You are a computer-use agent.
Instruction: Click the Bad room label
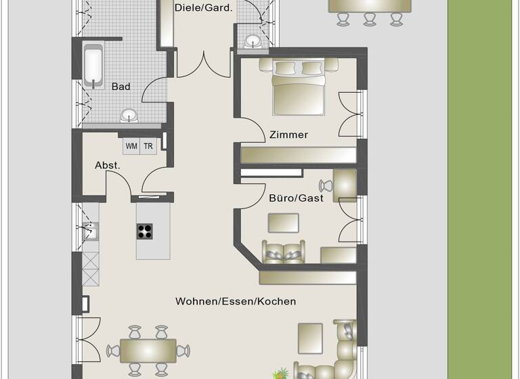click(x=121, y=87)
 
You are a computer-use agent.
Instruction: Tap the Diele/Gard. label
click(x=203, y=8)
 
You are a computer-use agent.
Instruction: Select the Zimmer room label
click(x=288, y=135)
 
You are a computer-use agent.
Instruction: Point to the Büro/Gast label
click(x=297, y=198)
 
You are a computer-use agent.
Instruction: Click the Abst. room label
click(x=108, y=165)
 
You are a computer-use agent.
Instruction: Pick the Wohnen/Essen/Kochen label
click(x=236, y=301)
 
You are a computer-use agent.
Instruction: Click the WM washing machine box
click(x=131, y=146)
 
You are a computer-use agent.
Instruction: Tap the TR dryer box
click(x=148, y=146)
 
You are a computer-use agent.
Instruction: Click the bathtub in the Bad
click(x=93, y=66)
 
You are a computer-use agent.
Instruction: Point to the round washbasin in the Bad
click(x=127, y=114)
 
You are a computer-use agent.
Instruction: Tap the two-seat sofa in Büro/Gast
click(x=284, y=252)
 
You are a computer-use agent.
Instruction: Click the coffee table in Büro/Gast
click(x=284, y=223)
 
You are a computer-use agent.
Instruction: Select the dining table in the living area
click(x=148, y=350)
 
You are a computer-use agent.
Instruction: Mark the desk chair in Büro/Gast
click(x=325, y=186)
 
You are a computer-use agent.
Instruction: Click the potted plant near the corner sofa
click(x=280, y=373)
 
